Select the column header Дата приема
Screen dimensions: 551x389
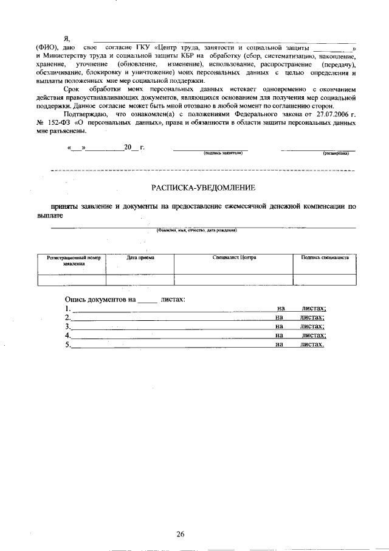[x=140, y=258]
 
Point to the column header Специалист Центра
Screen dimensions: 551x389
[x=234, y=258]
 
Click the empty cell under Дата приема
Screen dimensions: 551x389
[x=140, y=279]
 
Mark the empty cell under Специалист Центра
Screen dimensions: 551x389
[x=234, y=279]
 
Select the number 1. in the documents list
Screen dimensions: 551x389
[x=68, y=309]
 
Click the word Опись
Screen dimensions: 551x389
[x=75, y=299]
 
